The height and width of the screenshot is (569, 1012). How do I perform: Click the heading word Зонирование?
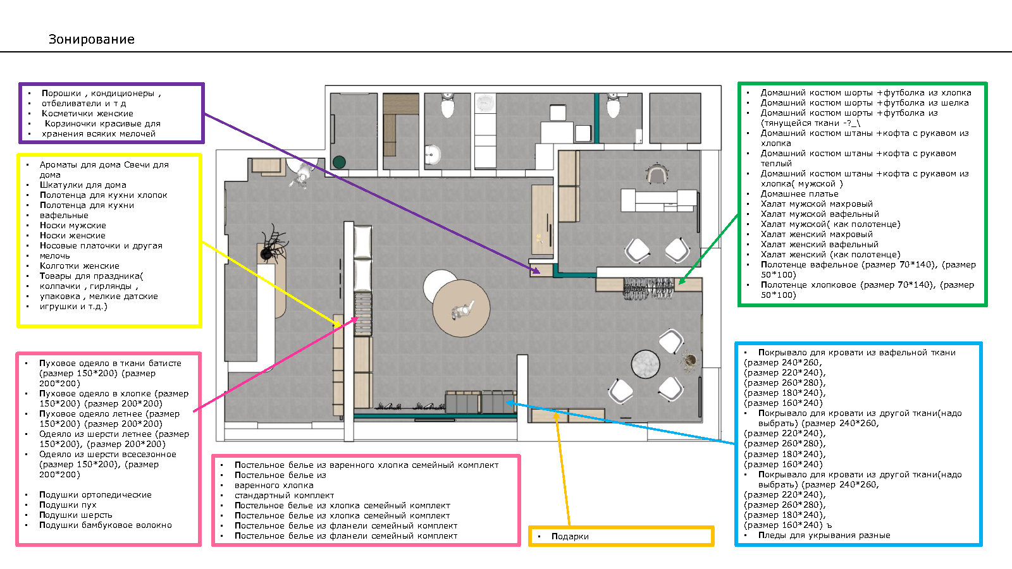pyautogui.click(x=92, y=39)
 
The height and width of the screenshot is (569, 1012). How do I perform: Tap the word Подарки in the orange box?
pyautogui.click(x=570, y=536)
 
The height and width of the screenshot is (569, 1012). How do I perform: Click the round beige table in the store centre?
pyautogui.click(x=461, y=309)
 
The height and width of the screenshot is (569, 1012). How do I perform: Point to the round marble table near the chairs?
pyautogui.click(x=645, y=365)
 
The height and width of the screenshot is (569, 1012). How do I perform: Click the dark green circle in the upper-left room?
pyautogui.click(x=340, y=162)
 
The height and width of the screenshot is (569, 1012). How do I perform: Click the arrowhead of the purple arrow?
pyautogui.click(x=537, y=271)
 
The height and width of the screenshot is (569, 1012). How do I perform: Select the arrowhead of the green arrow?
pyautogui.click(x=681, y=282)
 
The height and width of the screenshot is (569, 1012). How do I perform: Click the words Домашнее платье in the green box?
pyautogui.click(x=799, y=194)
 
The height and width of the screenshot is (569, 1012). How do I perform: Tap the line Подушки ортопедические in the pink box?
pyautogui.click(x=96, y=495)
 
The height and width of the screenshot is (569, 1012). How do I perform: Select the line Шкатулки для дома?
pyautogui.click(x=83, y=185)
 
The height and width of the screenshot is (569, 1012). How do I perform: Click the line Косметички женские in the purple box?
pyautogui.click(x=87, y=114)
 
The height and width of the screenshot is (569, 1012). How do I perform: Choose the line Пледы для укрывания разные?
pyautogui.click(x=824, y=535)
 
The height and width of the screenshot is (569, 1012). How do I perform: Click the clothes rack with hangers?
pyautogui.click(x=650, y=288)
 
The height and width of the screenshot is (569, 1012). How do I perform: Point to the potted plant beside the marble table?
pyautogui.click(x=689, y=360)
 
